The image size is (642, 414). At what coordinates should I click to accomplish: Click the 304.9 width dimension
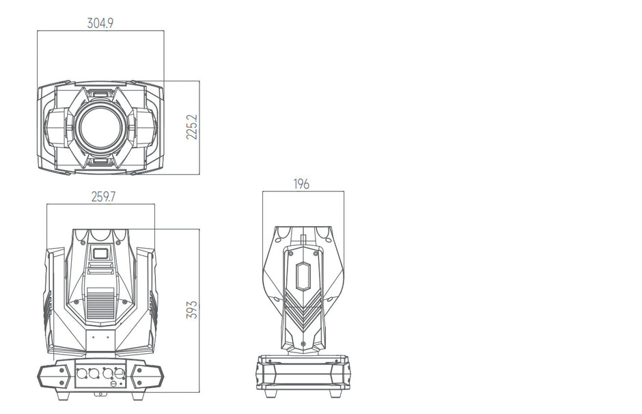click(x=100, y=23)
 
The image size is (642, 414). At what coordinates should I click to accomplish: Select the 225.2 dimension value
click(x=192, y=127)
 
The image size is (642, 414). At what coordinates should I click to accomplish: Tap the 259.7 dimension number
click(x=103, y=197)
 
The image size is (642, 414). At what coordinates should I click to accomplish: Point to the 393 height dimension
click(x=192, y=309)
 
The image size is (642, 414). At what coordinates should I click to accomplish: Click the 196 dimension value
click(x=301, y=184)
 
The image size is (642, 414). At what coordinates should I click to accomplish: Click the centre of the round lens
click(x=100, y=127)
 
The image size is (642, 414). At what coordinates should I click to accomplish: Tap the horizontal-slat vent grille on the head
click(x=100, y=303)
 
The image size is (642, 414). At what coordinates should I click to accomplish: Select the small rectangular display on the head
click(x=100, y=253)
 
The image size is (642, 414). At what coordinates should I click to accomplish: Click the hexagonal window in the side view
click(x=303, y=277)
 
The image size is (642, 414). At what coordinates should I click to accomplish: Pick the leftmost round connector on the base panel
click(x=81, y=374)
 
